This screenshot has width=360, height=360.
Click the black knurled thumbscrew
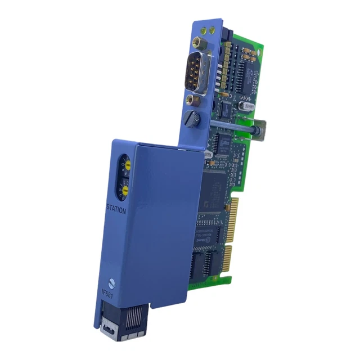click(192, 119)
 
